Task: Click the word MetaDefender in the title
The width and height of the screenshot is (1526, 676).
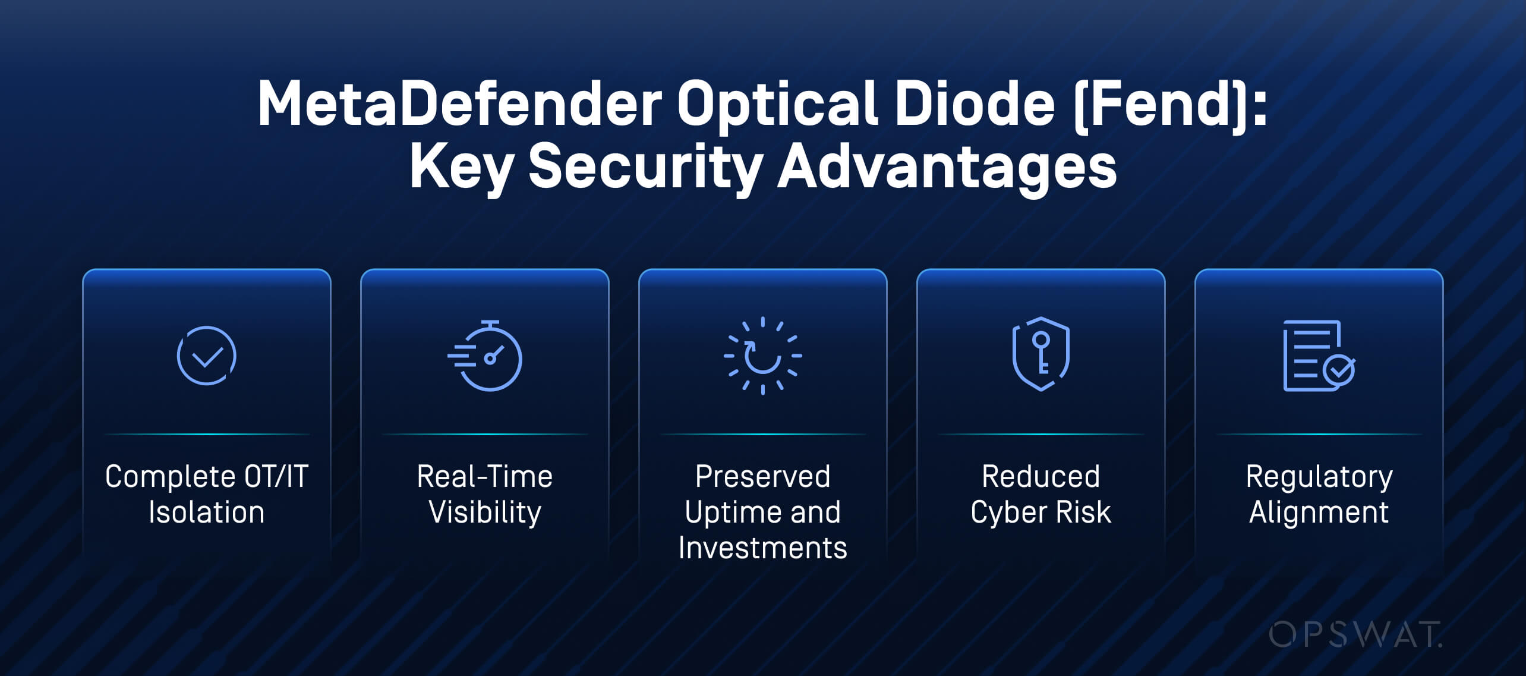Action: click(459, 104)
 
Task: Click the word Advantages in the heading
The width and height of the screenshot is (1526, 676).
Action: click(947, 169)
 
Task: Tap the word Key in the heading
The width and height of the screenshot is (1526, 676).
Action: click(461, 169)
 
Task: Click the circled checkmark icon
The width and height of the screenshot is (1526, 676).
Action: click(207, 356)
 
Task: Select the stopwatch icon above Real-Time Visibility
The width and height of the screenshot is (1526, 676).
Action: click(485, 356)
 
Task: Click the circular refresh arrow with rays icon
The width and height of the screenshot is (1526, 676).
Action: click(762, 356)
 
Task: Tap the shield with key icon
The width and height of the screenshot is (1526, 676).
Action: click(1041, 354)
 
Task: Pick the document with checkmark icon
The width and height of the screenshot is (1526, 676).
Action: click(1319, 356)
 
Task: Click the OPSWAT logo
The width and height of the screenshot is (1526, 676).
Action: click(1355, 634)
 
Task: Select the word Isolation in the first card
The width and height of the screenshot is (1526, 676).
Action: click(207, 512)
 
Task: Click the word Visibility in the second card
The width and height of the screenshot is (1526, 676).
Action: click(485, 512)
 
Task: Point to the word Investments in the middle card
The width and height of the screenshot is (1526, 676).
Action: click(763, 548)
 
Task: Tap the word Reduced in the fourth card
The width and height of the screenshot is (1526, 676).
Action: click(1041, 476)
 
